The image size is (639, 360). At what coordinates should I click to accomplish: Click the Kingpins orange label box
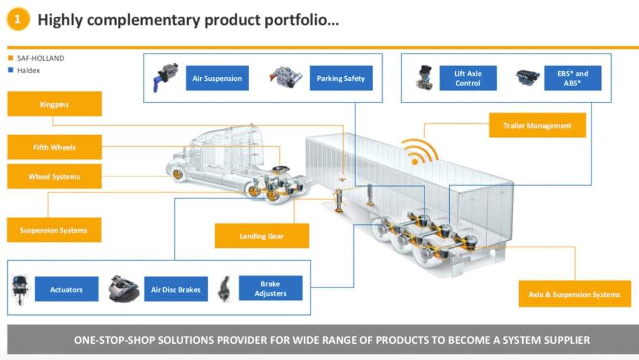(x=54, y=104)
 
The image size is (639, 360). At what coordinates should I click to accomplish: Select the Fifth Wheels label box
(x=54, y=147)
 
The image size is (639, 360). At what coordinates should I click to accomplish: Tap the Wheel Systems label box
(x=54, y=177)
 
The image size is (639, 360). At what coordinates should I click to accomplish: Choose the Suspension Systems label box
(x=53, y=230)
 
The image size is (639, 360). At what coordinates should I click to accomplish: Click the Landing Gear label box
(x=261, y=236)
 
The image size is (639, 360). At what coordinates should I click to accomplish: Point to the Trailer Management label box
(x=537, y=125)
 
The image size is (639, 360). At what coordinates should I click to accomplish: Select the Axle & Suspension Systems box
(x=574, y=294)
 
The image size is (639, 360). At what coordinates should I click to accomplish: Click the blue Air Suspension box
(x=217, y=78)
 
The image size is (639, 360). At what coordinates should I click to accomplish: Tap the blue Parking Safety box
(x=340, y=78)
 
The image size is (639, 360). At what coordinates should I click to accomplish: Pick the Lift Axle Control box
(x=468, y=78)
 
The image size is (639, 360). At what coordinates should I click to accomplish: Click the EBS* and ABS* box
(x=572, y=78)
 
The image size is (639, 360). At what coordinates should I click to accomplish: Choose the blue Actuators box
(x=67, y=290)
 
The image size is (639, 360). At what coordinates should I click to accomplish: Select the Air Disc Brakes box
(x=175, y=290)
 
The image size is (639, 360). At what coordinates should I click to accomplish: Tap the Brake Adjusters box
(x=271, y=288)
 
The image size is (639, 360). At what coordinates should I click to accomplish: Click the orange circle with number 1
(x=18, y=19)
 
